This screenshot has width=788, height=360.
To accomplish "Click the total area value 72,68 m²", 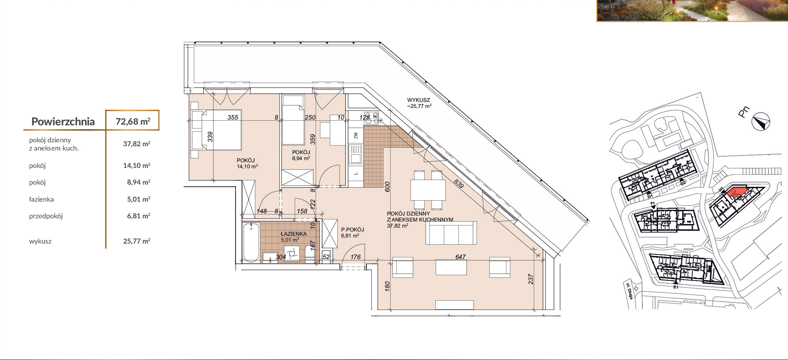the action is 133,121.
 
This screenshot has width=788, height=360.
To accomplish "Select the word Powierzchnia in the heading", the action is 63,121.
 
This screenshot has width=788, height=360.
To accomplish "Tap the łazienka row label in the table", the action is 41,199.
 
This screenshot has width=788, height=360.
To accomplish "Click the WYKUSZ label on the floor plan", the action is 418,100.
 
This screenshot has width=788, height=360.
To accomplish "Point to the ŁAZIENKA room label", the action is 294,234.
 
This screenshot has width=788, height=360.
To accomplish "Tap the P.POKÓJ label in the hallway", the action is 353,230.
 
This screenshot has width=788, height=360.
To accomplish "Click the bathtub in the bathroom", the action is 251,243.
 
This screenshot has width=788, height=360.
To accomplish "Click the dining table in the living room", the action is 428,190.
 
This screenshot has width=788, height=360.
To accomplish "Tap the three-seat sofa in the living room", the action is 451,233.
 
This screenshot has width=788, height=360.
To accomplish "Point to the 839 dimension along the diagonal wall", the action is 458,184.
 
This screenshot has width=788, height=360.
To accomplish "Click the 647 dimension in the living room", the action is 460,257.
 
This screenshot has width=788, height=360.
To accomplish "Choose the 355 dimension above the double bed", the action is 233,118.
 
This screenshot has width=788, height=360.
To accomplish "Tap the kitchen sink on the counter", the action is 355,154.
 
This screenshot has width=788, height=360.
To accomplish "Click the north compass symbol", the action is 761,122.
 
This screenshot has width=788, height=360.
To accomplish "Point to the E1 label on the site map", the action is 676,287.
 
